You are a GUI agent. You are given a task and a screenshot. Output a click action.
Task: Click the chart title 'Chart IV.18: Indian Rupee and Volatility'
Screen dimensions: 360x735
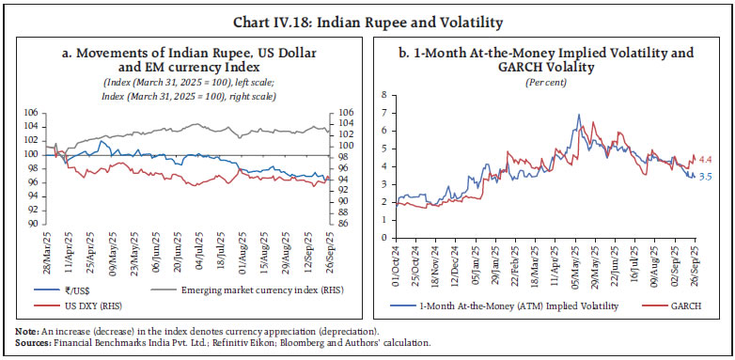tap(367, 19)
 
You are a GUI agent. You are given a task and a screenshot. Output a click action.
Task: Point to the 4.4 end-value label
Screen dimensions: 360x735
tap(704, 159)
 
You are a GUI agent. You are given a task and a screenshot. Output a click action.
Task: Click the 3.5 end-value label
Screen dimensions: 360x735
tap(705, 175)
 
